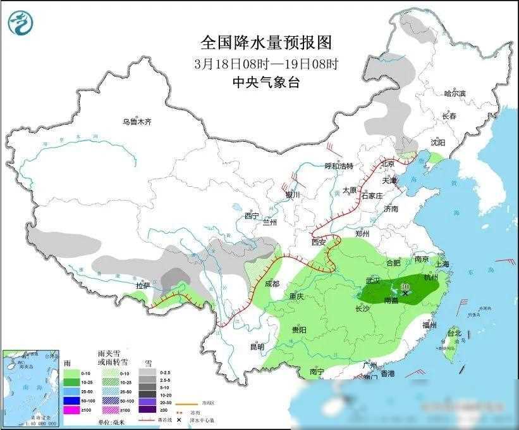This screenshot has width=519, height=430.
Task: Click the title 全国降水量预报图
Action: pyautogui.click(x=266, y=43)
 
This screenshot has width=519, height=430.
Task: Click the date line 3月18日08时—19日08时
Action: pyautogui.click(x=266, y=64)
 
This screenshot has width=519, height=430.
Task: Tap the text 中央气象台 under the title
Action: pyautogui.click(x=266, y=82)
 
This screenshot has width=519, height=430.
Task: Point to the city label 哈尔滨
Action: pyautogui.click(x=454, y=93)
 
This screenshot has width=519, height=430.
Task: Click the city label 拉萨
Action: pyautogui.click(x=143, y=286)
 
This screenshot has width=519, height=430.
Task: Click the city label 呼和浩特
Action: pyautogui.click(x=339, y=166)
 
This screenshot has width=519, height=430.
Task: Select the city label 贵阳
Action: pyautogui.click(x=299, y=330)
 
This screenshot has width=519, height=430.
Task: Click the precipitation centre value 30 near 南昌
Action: pyautogui.click(x=405, y=286)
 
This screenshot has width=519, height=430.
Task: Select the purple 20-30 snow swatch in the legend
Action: pyautogui.click(x=149, y=402)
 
